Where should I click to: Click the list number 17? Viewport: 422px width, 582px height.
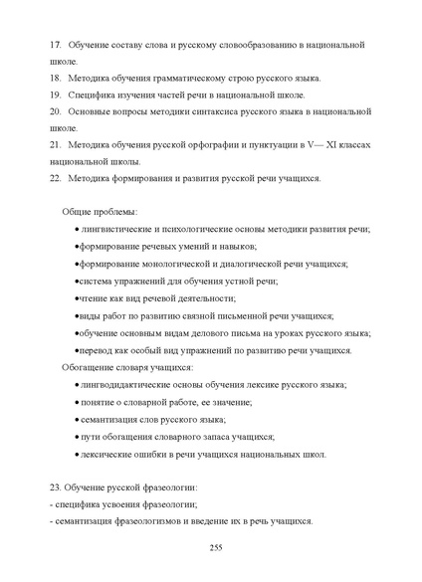(x=54, y=46)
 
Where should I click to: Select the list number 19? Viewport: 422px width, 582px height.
(x=54, y=96)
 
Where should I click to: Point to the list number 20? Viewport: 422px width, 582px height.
(x=54, y=112)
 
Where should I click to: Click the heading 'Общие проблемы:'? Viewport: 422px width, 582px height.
(x=100, y=212)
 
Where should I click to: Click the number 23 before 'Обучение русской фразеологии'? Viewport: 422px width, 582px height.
(x=55, y=487)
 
